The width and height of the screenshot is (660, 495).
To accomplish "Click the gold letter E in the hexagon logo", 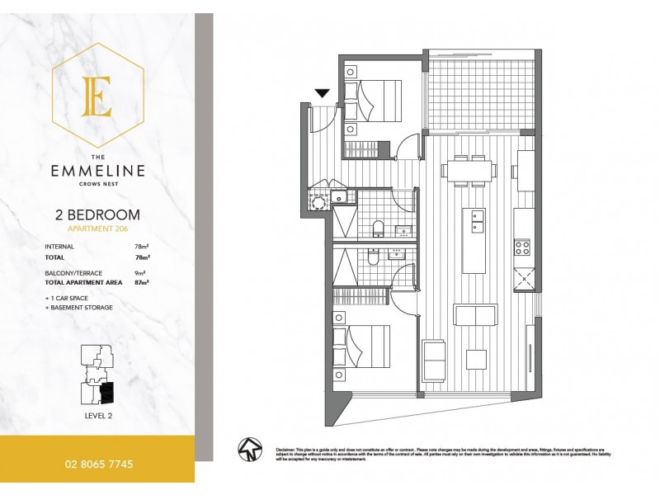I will point(97,97).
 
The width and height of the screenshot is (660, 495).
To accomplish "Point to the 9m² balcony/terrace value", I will point(140,272).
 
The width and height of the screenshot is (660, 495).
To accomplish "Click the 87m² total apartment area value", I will point(140,281).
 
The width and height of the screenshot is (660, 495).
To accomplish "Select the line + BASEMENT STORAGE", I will point(79,307).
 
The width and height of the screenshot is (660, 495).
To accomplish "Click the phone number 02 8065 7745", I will point(97,464).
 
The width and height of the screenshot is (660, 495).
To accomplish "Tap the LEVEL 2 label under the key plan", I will point(97,415).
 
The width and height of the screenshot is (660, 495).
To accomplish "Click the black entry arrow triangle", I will point(323,94).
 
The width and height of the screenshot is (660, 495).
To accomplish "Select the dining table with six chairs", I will point(469,171).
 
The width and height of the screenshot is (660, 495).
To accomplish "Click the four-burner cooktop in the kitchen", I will point(523,247).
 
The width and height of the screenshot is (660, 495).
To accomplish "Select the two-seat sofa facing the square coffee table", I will point(476,315).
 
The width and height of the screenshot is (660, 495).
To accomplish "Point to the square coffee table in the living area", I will point(476,359).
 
